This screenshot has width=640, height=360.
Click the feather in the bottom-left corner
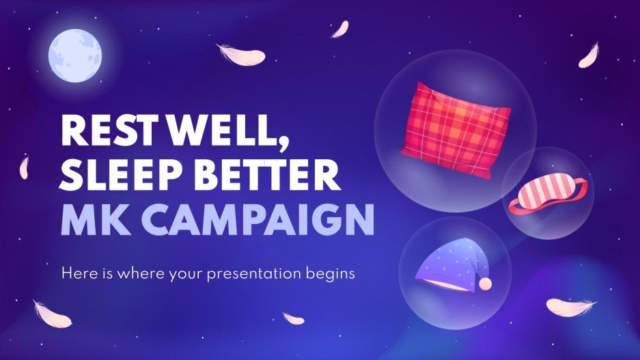52,313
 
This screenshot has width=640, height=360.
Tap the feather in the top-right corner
588,56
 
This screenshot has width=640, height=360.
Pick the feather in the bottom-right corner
571,307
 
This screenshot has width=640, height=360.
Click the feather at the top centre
340,29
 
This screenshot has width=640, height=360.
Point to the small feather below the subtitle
293,318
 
